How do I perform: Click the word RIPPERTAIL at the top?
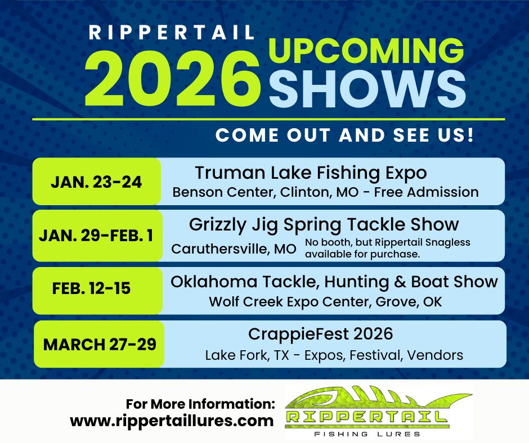click(x=172, y=33)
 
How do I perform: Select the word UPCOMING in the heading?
click(x=366, y=51)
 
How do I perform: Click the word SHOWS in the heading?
click(x=367, y=90)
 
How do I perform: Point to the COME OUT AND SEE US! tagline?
click(x=344, y=135)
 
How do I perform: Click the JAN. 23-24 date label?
click(x=96, y=182)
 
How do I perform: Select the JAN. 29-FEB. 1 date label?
click(x=96, y=236)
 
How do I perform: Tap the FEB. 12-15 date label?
click(x=91, y=288)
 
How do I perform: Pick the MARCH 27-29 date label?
click(x=100, y=345)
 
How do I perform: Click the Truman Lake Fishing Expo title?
click(x=311, y=173)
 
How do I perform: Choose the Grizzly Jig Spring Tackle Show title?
click(x=324, y=225)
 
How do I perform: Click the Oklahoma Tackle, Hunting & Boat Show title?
click(x=334, y=282)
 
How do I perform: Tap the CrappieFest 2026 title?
click(x=321, y=334)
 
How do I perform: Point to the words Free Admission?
click(x=426, y=192)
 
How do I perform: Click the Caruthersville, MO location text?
click(x=234, y=249)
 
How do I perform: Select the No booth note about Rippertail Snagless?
click(x=388, y=248)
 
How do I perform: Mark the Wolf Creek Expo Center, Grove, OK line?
click(x=325, y=302)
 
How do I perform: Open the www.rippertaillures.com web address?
click(x=172, y=421)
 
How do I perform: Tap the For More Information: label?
click(x=200, y=404)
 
